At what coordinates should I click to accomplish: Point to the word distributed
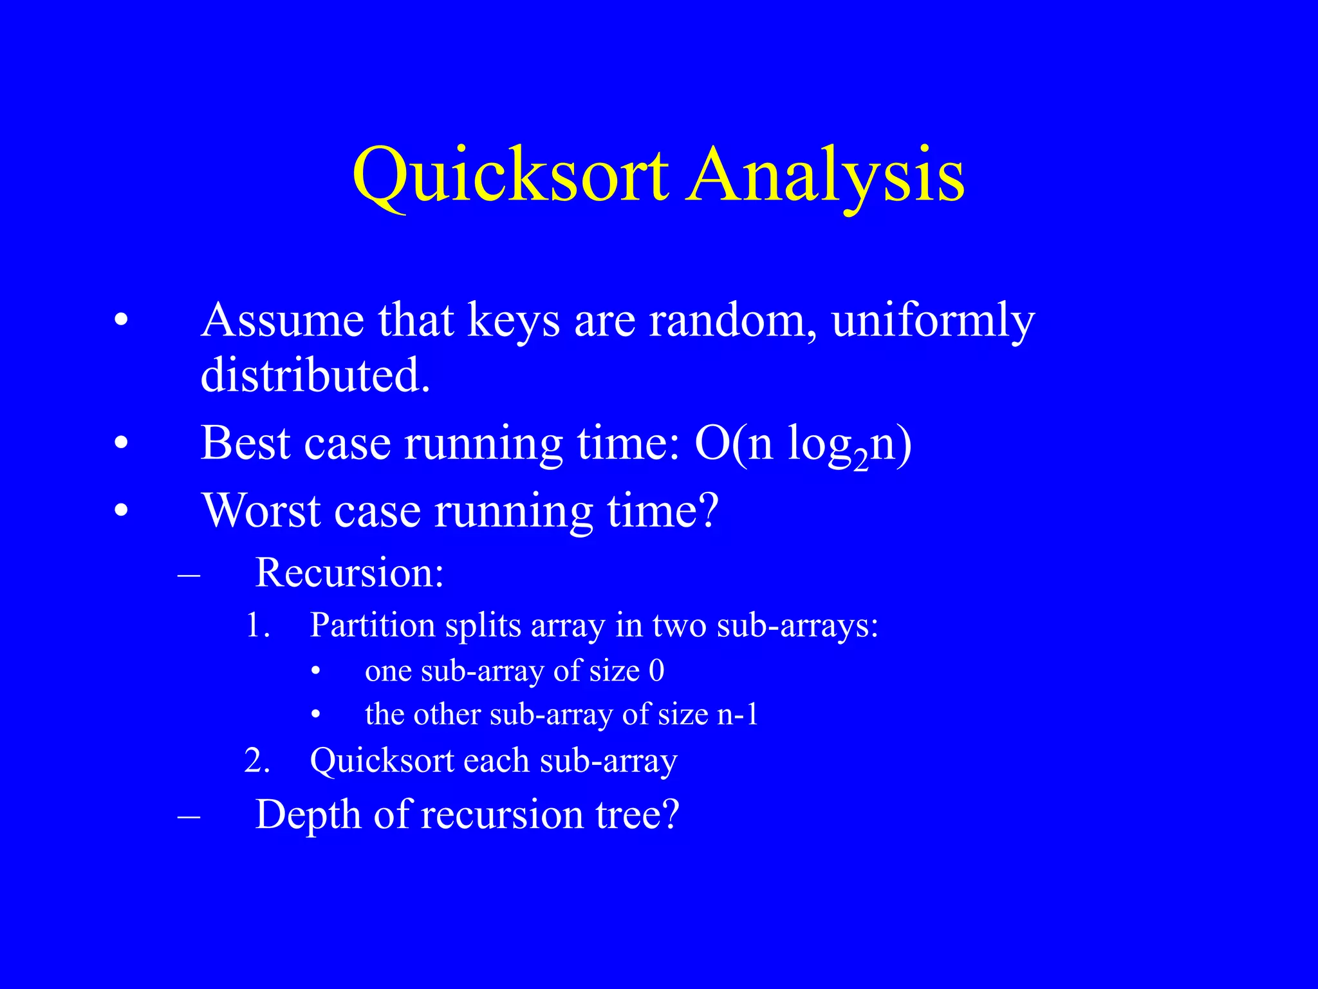[x=315, y=375]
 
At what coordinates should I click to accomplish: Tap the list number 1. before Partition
[x=258, y=625]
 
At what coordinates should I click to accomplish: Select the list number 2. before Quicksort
[x=257, y=761]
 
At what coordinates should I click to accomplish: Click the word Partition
[x=373, y=625]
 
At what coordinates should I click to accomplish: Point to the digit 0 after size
[x=656, y=671]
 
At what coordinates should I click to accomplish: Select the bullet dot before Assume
[x=121, y=320]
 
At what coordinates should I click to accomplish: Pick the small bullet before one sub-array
[x=315, y=672]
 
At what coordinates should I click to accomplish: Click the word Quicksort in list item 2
[x=382, y=761]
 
